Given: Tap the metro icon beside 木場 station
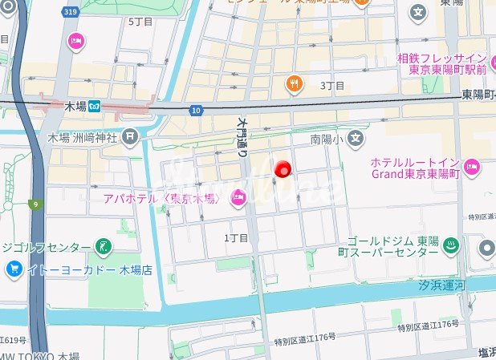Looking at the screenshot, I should (x=95, y=105).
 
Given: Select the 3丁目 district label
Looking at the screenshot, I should (x=332, y=85).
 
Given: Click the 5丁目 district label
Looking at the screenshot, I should (x=140, y=22).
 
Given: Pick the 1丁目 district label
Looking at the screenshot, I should (x=237, y=238).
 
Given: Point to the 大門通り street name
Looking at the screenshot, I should (x=243, y=137).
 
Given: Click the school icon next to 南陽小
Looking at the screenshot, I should (x=356, y=140).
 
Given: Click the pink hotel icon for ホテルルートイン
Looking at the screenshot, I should (x=471, y=167).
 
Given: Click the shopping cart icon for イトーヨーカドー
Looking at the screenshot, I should (x=13, y=269).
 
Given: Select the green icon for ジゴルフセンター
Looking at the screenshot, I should (x=103, y=245).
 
